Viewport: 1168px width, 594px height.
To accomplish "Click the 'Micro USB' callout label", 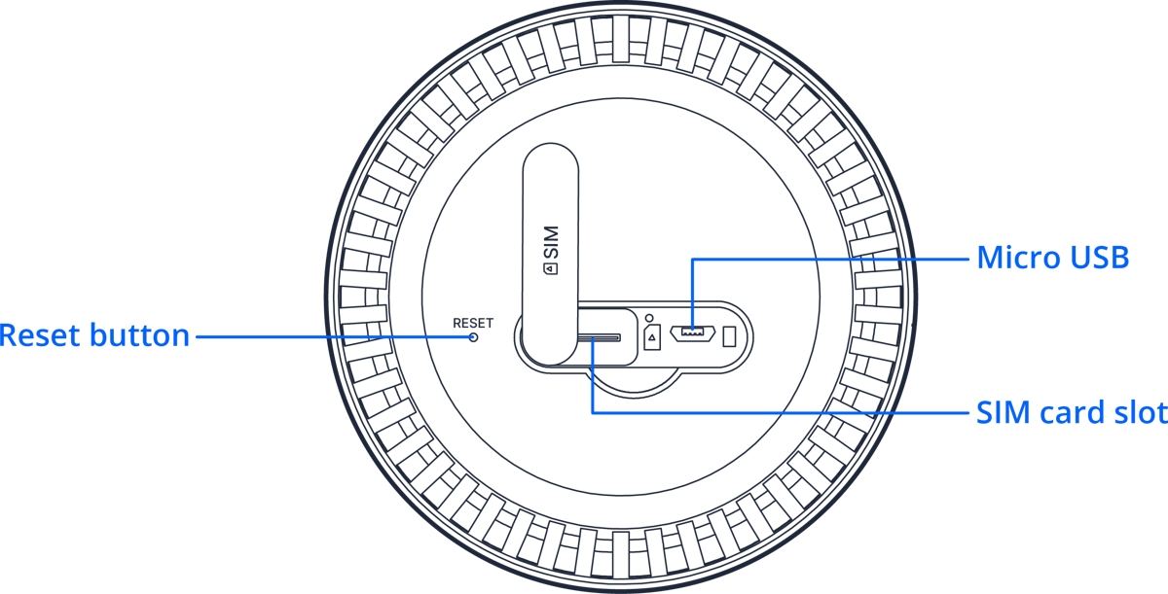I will [x=1052, y=258].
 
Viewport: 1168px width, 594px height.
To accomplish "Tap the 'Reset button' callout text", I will [x=94, y=336].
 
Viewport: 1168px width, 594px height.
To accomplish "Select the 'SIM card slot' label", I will [x=1072, y=412].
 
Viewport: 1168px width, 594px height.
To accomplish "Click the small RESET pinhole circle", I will [x=474, y=336].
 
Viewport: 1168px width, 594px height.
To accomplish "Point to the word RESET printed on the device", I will [x=473, y=323].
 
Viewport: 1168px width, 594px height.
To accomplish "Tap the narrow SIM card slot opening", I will [x=600, y=337].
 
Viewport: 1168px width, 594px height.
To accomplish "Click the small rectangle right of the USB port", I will [x=730, y=336].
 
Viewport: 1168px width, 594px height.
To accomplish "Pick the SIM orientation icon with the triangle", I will [x=652, y=336].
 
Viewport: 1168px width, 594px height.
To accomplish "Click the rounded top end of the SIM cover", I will [x=551, y=161].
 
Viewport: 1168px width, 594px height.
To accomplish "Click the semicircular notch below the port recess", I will [x=632, y=380].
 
